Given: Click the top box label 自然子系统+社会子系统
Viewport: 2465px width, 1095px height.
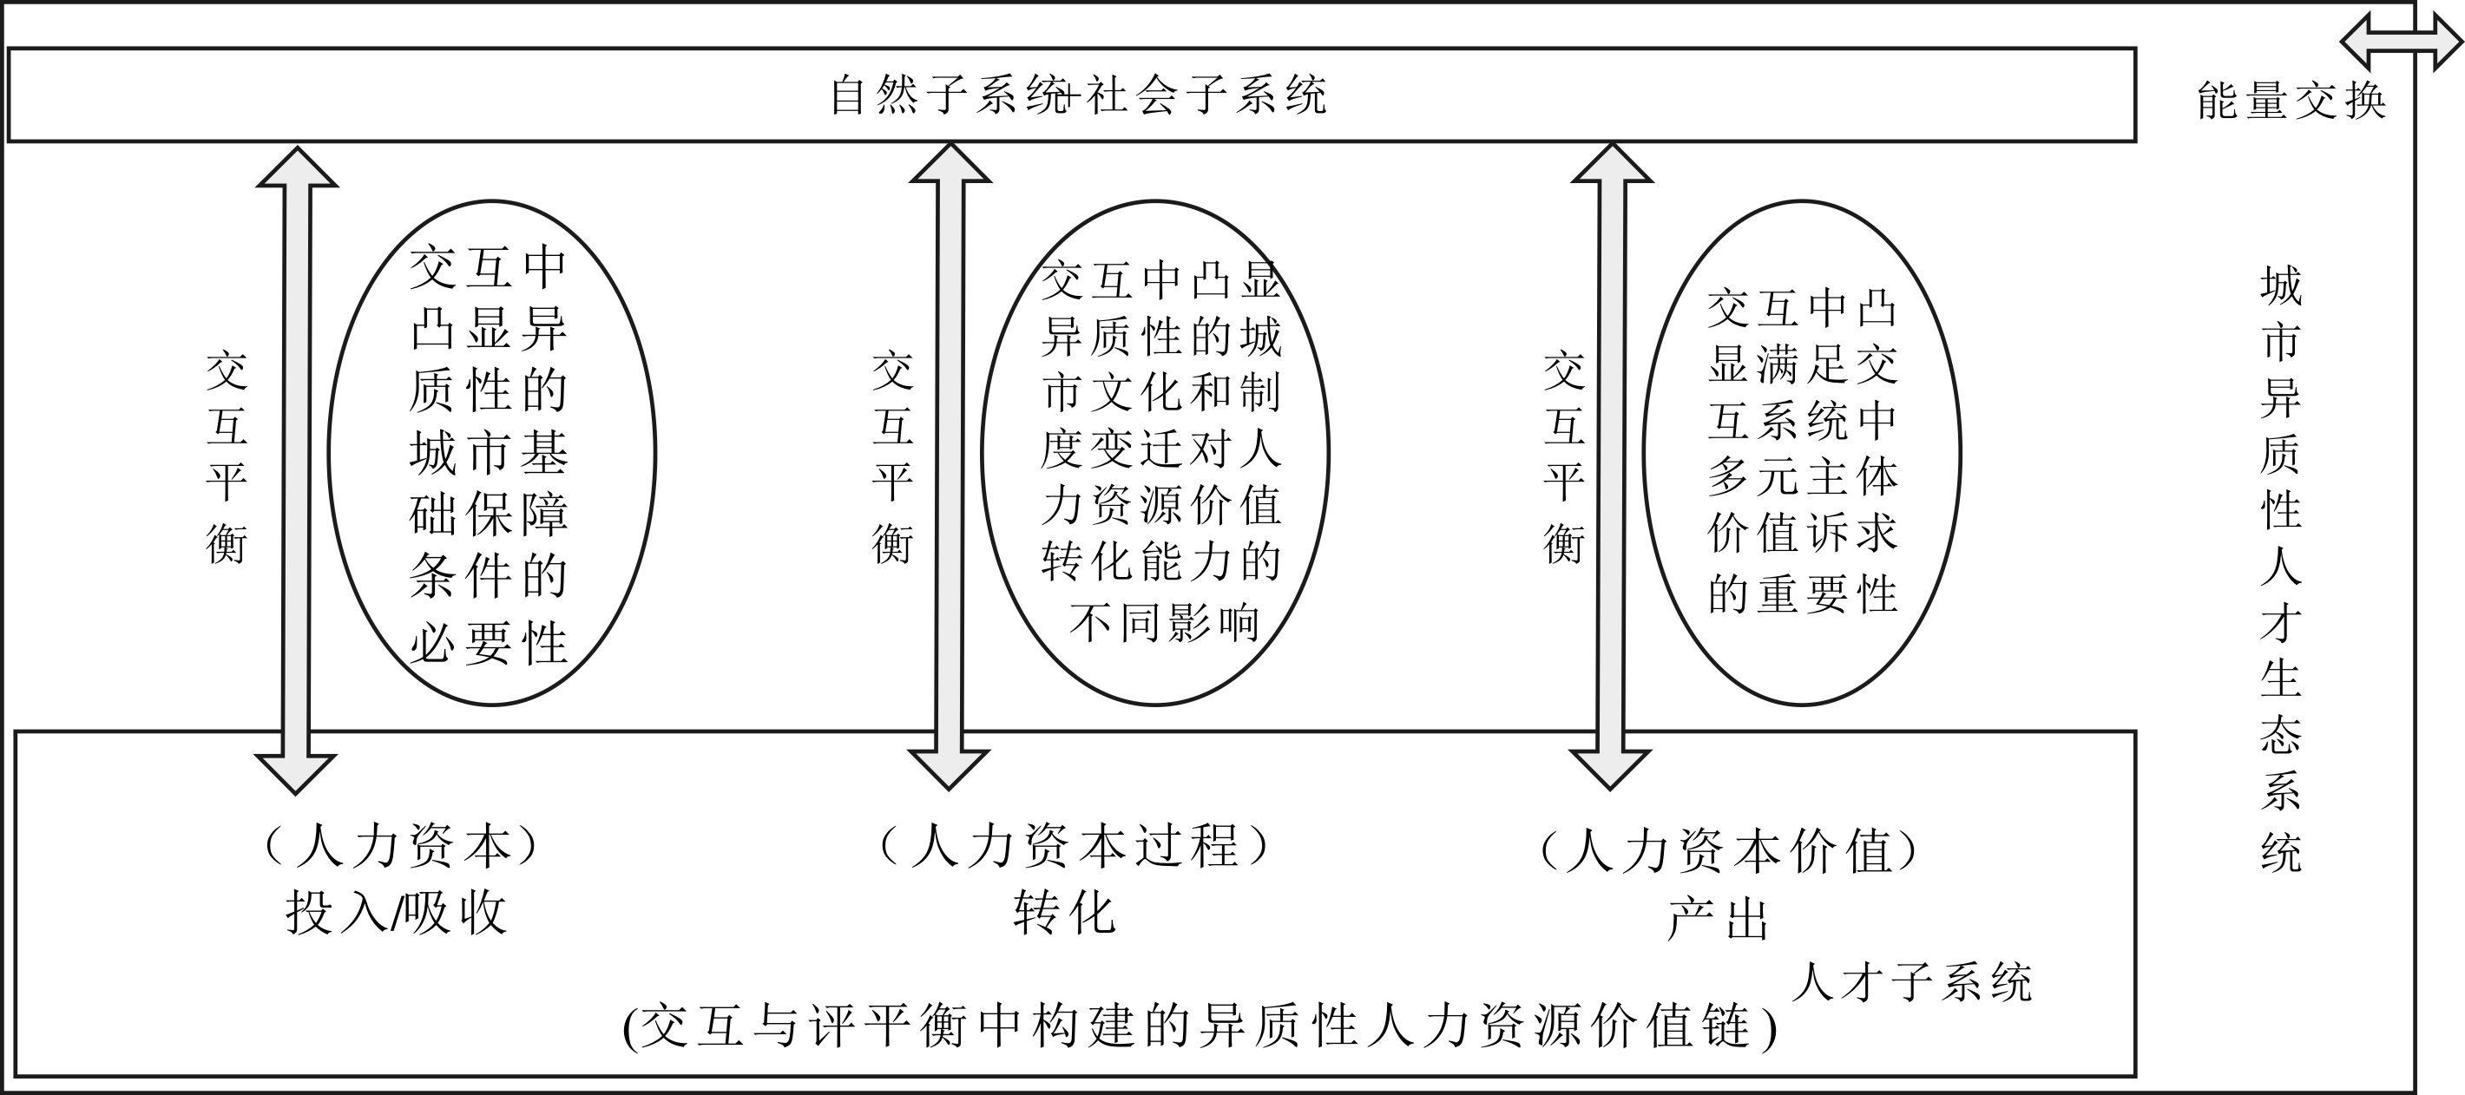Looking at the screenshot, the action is tap(1078, 95).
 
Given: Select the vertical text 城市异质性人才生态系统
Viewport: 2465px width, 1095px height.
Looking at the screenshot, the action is tap(2281, 570).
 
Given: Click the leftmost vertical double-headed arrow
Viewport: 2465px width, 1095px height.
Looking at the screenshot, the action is tap(297, 470).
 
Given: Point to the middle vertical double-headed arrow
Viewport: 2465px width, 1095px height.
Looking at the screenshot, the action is tap(950, 467).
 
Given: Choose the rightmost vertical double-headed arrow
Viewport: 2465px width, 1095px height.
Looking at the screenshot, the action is tap(1612, 467).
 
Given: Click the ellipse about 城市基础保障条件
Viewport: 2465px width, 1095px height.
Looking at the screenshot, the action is tap(329, 453).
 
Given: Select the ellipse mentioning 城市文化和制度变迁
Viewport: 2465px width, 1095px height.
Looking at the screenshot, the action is tap(982, 453).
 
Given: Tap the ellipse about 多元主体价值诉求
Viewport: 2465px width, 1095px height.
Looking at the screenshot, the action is tap(1644, 453).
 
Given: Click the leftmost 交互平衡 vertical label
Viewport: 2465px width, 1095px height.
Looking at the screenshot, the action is tap(227, 458).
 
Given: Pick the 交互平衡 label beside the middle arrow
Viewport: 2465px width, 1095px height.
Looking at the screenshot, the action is tap(893, 458).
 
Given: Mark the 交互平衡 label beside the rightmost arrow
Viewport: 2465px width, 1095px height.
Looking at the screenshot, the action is tap(1565, 458).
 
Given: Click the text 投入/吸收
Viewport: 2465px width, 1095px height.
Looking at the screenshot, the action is tap(396, 914).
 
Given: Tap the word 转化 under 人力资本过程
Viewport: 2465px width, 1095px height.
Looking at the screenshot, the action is tap(1064, 914).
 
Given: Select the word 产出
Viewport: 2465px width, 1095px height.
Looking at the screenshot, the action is tap(1718, 919).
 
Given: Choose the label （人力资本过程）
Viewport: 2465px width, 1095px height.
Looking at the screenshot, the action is tap(1075, 845).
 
